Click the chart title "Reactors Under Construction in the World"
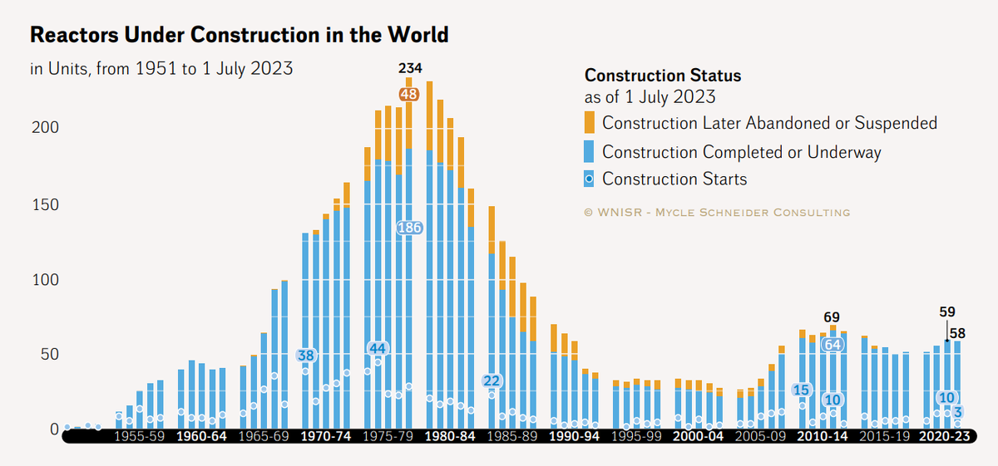point(240,35)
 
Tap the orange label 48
point(409,95)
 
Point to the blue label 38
point(306,356)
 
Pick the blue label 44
point(378,348)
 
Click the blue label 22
point(492,381)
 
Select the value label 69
point(832,317)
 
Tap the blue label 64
point(832,345)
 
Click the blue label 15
point(802,390)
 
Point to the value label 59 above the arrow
point(947,312)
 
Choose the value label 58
point(958,333)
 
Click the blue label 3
point(958,412)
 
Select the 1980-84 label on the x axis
point(450,435)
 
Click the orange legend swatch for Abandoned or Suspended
point(590,123)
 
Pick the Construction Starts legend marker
point(590,179)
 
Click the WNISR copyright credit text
point(718,213)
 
